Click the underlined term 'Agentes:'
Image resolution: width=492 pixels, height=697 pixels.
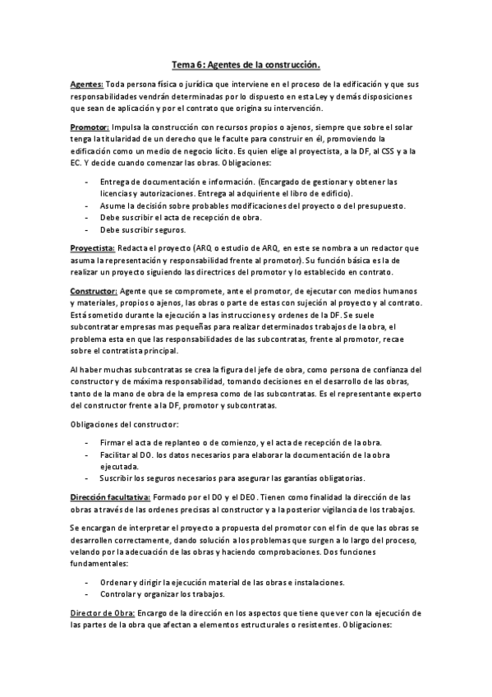pyautogui.click(x=87, y=85)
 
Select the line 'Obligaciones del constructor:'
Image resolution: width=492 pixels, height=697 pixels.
pyautogui.click(x=123, y=423)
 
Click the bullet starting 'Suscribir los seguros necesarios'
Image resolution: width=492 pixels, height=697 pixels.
pyautogui.click(x=232, y=478)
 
